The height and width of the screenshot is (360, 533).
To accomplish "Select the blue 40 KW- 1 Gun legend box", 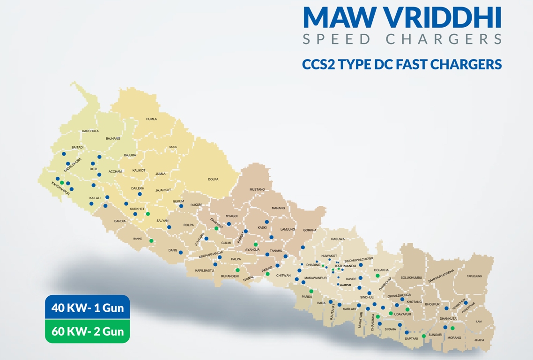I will click(x=88, y=308).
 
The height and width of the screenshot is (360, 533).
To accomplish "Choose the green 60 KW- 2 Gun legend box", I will click(x=88, y=331).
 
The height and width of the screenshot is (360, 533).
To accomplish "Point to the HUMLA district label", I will click(x=151, y=120).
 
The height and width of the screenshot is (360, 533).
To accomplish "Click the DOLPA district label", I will click(x=213, y=179).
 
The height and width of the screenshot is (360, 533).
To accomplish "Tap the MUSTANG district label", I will click(x=257, y=189).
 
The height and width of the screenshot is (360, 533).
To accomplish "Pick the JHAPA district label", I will click(x=479, y=340).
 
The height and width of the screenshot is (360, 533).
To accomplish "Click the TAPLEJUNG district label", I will click(x=474, y=276).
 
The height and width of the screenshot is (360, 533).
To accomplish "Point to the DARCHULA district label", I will click(x=90, y=131).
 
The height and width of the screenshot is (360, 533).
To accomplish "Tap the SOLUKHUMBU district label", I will click(x=411, y=277).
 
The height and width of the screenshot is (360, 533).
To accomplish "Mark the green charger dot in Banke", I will click(x=151, y=241).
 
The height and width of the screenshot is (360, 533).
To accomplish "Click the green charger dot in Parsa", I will click(x=311, y=291).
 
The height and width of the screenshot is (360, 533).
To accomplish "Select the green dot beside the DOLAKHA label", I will click(x=378, y=276).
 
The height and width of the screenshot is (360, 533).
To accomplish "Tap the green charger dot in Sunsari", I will click(x=423, y=336).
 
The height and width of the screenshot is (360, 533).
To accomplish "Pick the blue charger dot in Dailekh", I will click(x=140, y=194).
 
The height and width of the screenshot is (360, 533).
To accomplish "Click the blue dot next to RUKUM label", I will click(x=181, y=206).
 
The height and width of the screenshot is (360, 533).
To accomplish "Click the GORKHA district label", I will click(x=310, y=230).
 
